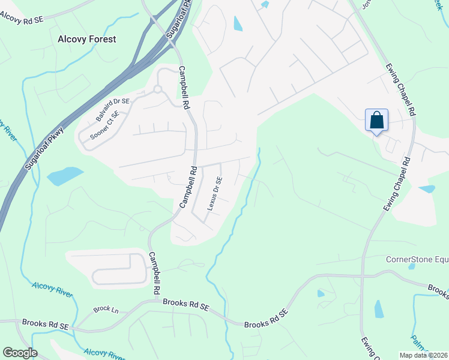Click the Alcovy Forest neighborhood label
[86, 39]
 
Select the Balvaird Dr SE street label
[112, 110]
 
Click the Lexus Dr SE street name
[215, 193]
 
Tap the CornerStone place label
[417, 260]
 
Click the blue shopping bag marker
[376, 120]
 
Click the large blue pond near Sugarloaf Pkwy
[64, 176]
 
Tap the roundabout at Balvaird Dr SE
[158, 89]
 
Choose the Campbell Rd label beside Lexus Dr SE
[188, 188]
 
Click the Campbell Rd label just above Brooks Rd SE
[154, 272]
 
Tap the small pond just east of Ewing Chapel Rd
[427, 189]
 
